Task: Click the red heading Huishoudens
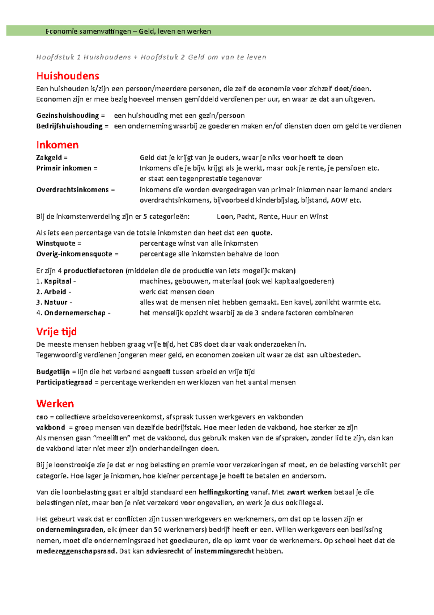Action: (68, 76)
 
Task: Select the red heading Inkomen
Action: (57, 145)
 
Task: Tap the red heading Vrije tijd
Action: (56, 332)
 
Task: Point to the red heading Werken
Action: (55, 404)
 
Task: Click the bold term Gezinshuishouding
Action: (67, 116)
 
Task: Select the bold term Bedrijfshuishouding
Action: (69, 126)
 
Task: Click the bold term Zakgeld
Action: (49, 158)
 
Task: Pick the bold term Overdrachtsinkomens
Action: (72, 190)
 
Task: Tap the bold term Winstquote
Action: (56, 243)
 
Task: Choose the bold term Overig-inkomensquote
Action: (74, 254)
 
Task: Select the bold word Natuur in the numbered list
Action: (56, 302)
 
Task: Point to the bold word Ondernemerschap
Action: (75, 313)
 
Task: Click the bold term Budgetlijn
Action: (53, 372)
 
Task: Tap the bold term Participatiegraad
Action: (64, 382)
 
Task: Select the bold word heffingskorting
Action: (224, 492)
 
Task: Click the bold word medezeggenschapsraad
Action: (76, 551)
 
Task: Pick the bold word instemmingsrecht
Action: (224, 551)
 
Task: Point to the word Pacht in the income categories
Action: (246, 217)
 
